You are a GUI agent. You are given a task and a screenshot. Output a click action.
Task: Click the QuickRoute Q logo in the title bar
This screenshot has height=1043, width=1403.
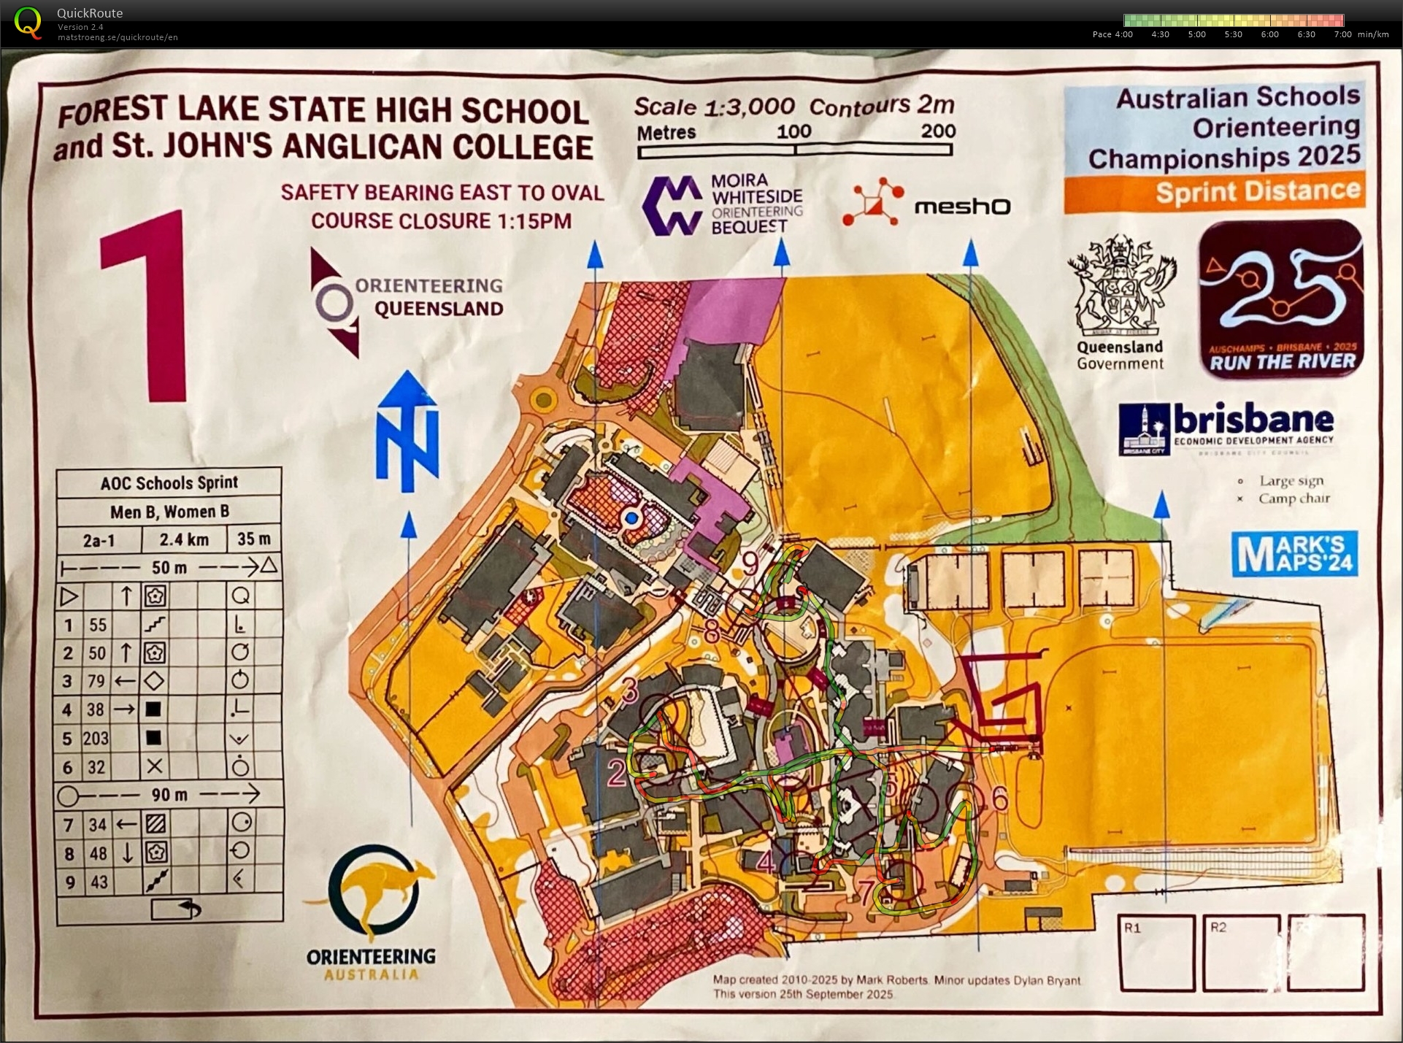[28, 23]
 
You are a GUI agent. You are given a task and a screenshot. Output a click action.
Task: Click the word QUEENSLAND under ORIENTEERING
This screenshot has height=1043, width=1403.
[439, 309]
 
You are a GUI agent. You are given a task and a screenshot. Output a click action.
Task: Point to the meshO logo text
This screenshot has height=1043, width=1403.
[962, 207]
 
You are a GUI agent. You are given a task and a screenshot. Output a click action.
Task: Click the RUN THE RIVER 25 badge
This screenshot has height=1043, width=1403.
[1281, 299]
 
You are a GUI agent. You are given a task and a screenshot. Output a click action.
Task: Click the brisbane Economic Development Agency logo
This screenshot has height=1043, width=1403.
[1226, 429]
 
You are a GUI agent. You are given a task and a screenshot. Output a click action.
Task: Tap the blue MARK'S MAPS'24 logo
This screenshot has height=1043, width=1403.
[1294, 554]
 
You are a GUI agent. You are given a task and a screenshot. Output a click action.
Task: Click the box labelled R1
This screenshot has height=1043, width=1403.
[1157, 952]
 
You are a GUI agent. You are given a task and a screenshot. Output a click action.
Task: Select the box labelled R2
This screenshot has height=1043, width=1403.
[1241, 952]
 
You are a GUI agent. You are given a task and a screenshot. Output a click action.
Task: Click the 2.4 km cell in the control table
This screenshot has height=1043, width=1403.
[184, 539]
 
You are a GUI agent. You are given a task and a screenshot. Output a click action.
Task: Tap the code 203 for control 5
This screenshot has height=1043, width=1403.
[96, 739]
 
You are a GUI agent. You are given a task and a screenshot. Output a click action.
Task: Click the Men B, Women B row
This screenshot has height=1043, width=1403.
[169, 512]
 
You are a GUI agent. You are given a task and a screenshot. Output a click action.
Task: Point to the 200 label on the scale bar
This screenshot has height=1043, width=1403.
[938, 131]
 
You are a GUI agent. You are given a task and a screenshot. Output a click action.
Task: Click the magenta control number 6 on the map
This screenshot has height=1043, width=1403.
[999, 800]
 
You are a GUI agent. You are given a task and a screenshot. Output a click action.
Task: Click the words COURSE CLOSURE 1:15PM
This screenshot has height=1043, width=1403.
[442, 220]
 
